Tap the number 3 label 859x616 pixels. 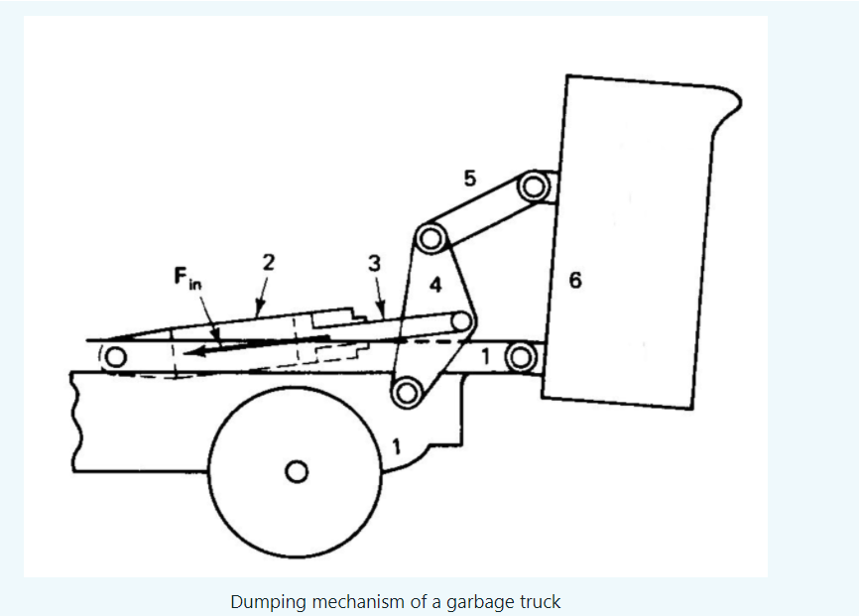tap(373, 263)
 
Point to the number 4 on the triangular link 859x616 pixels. tap(434, 285)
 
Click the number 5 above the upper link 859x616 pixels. tap(470, 179)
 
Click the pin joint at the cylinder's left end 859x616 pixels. tap(117, 357)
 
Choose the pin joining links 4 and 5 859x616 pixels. tap(429, 238)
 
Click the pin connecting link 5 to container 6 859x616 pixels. tap(534, 186)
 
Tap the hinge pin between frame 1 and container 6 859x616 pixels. tap(519, 356)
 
